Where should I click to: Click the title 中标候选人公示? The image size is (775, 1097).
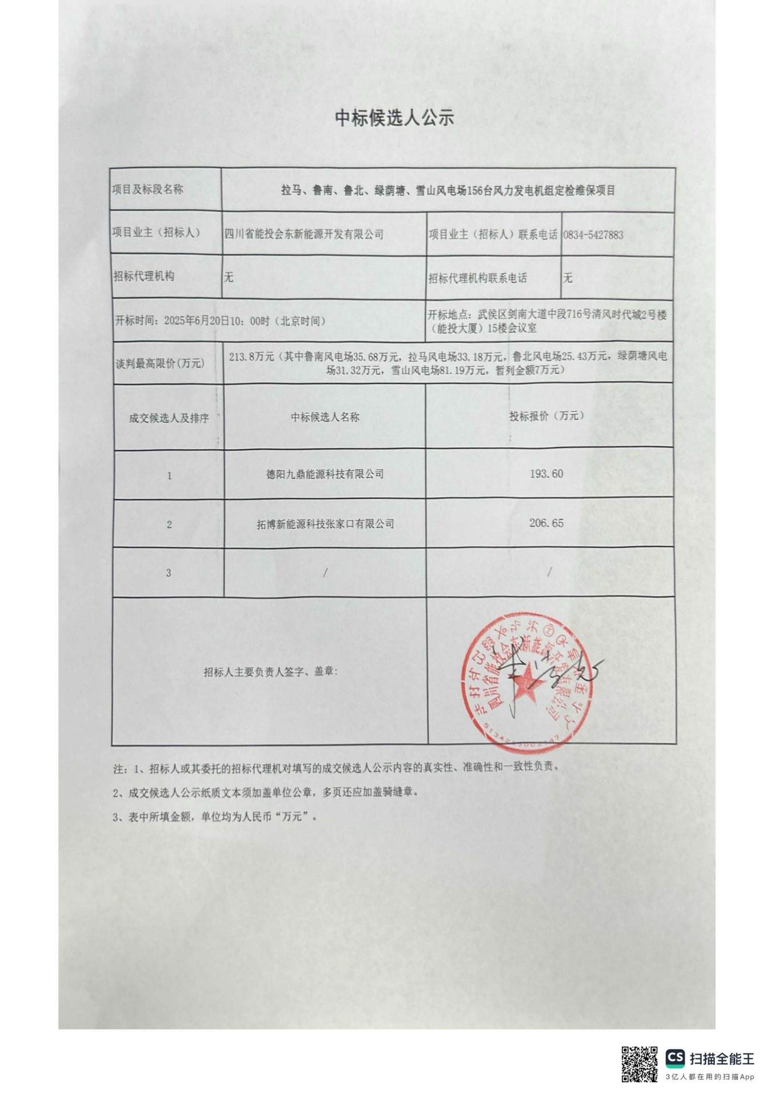coord(394,118)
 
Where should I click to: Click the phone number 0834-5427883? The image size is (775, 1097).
coord(593,234)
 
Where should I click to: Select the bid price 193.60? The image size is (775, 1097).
coord(546,474)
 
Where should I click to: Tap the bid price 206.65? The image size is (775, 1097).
coord(546,523)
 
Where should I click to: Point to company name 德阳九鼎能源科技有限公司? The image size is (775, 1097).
coord(325,474)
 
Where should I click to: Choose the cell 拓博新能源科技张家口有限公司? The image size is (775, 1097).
coord(325,523)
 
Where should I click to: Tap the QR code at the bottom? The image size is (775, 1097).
coord(639,1064)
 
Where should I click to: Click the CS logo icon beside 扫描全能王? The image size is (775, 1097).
coord(675,1058)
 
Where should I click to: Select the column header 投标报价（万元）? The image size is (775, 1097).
coord(546,416)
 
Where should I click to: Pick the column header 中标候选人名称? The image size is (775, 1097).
coord(325,417)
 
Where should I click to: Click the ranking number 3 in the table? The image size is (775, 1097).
coord(169,572)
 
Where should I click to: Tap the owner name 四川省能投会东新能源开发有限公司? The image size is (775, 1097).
coord(304,234)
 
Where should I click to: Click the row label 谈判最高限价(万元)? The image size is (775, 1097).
coord(160,363)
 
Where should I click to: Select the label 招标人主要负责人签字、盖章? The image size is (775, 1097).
coord(270,672)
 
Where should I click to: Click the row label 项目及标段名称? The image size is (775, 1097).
coord(147,190)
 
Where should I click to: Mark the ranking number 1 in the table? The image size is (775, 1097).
coord(169,475)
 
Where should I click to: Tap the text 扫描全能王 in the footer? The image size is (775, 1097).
coord(722,1058)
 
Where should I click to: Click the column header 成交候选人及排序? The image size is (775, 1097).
coord(169,418)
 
